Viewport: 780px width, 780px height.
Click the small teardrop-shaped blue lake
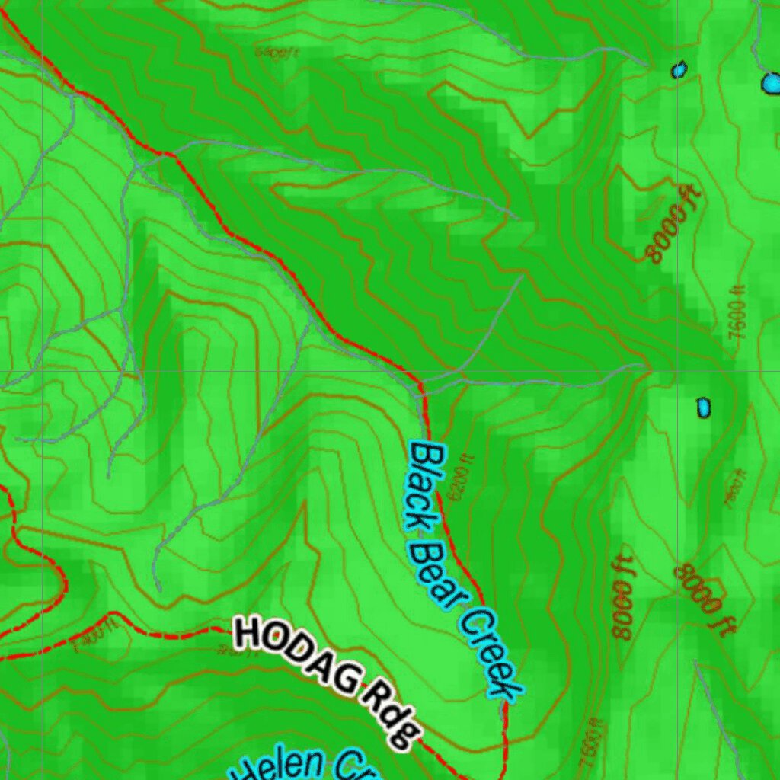click(678, 70)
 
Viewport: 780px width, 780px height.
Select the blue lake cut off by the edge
click(772, 82)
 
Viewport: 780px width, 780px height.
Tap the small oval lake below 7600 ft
click(703, 408)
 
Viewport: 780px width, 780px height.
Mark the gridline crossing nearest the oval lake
click(678, 372)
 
